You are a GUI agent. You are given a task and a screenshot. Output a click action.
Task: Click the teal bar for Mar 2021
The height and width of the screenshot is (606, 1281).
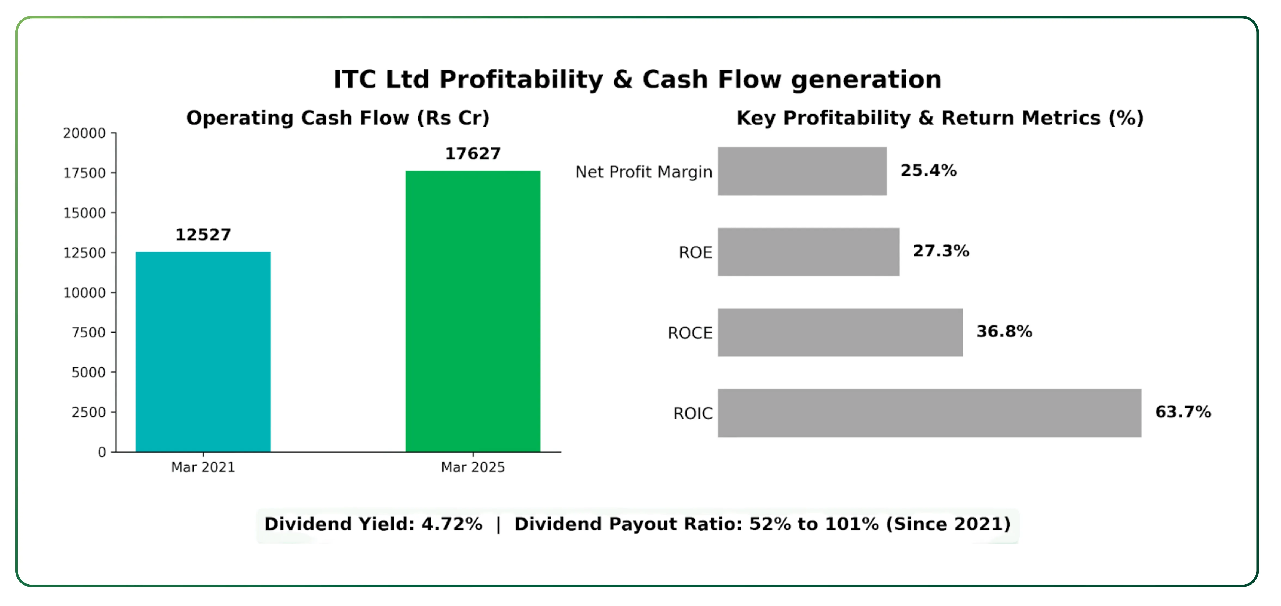pyautogui.click(x=203, y=352)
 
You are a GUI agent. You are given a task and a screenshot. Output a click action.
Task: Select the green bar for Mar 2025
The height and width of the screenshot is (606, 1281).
pyautogui.click(x=473, y=311)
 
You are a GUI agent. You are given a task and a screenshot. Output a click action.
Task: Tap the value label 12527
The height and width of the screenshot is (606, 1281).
pyautogui.click(x=203, y=235)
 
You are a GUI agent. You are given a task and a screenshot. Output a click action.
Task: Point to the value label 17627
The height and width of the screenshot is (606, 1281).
pyautogui.click(x=473, y=154)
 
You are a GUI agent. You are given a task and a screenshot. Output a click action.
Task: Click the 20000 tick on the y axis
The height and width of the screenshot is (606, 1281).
pyautogui.click(x=84, y=133)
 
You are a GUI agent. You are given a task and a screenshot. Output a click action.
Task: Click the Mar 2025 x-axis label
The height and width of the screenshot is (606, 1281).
pyautogui.click(x=473, y=467)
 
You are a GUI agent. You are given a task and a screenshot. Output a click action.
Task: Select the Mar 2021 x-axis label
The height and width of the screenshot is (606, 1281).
pyautogui.click(x=203, y=467)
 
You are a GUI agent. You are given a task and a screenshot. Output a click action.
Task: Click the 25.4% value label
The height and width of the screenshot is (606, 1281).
pyautogui.click(x=928, y=171)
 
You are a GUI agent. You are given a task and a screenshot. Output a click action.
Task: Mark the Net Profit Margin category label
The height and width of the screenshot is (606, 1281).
pyautogui.click(x=643, y=172)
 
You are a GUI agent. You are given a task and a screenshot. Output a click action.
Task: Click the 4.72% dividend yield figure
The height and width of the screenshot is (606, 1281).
pyautogui.click(x=452, y=524)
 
